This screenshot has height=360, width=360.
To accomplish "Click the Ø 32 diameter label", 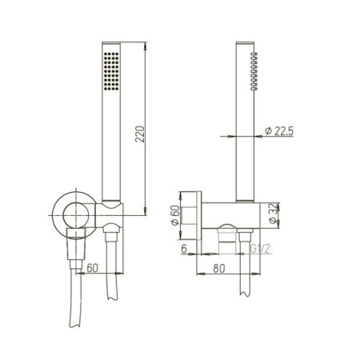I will (x=272, y=213).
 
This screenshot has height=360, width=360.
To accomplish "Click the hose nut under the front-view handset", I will (x=111, y=236).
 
